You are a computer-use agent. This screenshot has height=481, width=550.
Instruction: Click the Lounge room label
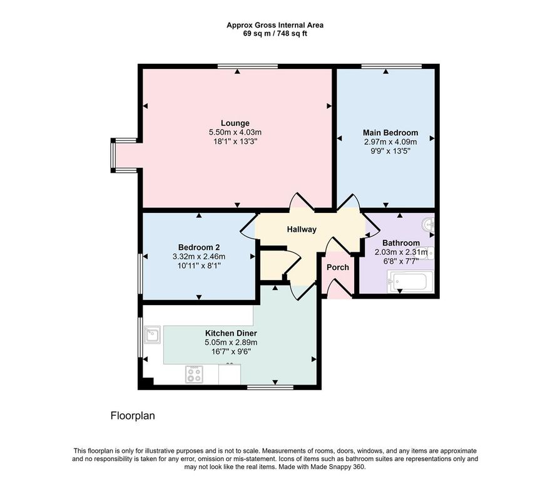click(235, 123)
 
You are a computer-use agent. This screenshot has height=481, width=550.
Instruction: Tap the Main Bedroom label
click(390, 133)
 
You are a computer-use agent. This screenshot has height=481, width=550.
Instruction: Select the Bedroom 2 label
click(199, 247)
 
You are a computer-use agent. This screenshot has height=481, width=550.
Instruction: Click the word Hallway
click(302, 229)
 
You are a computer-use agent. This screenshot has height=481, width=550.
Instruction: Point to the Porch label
click(338, 267)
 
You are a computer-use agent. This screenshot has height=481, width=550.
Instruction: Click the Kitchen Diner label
click(231, 333)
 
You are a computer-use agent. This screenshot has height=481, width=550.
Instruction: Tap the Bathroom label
click(401, 243)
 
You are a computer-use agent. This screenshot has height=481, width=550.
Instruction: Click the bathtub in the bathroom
click(410, 281)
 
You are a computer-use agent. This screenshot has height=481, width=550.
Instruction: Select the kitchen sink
click(153, 334)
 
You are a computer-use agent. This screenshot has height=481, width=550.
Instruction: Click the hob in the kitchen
click(195, 375)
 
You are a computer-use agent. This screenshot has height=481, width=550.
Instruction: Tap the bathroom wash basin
click(429, 224)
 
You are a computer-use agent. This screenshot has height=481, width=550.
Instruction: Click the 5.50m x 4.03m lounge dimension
click(235, 132)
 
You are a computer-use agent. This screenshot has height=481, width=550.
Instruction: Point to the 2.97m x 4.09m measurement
click(390, 142)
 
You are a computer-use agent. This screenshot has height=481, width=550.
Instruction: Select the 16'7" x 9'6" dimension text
click(231, 351)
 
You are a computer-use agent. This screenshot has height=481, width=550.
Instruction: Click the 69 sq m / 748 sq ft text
click(275, 34)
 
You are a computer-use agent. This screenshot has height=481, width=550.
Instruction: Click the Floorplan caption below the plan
click(133, 416)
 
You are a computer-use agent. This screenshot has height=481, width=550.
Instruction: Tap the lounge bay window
click(113, 155)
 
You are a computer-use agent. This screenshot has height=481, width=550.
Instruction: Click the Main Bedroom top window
click(392, 66)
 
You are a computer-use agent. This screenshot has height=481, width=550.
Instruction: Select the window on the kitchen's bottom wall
click(270, 387)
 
